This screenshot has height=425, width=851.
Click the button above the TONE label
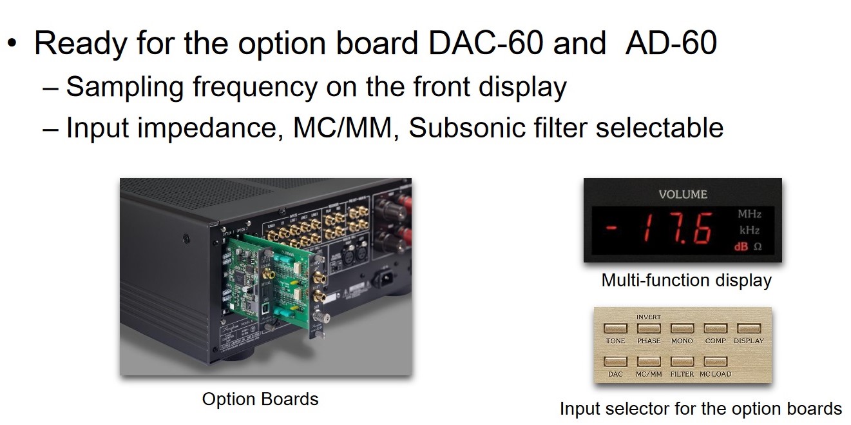[615, 328]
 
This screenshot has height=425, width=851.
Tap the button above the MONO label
[682, 328]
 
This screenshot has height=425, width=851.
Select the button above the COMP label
[715, 328]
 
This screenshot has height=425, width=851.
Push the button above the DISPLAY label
[749, 328]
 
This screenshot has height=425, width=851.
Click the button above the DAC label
[615, 362]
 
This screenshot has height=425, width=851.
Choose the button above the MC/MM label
[649, 362]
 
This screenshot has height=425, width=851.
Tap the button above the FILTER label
[682, 362]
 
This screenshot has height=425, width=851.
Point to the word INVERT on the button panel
[649, 317]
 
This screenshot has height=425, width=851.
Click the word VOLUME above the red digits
[682, 194]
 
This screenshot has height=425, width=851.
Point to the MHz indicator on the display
[749, 213]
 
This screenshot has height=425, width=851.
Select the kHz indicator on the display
[749, 230]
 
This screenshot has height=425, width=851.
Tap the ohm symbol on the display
[758, 246]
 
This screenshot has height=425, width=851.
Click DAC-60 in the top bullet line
[480, 43]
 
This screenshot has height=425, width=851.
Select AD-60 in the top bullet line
[671, 43]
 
